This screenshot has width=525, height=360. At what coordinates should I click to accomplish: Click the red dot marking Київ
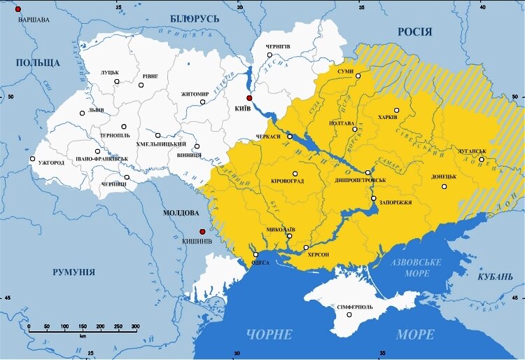pyautogui.click(x=248, y=98)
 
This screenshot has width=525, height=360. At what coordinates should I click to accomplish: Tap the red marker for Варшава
pyautogui.click(x=18, y=8)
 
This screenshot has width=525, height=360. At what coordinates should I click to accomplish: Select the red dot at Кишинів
pyautogui.click(x=202, y=231)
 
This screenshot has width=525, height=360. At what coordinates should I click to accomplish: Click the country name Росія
pyautogui.click(x=414, y=32)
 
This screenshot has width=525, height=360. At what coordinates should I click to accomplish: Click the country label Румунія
pyautogui.click(x=73, y=272)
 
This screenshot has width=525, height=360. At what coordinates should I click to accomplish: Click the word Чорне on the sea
pyautogui.click(x=267, y=334)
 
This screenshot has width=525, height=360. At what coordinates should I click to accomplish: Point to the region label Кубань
pyautogui.click(x=496, y=277)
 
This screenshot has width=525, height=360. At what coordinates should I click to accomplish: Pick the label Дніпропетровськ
pyautogui.click(x=361, y=181)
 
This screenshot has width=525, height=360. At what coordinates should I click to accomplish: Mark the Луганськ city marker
pyautogui.click(x=481, y=159)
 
